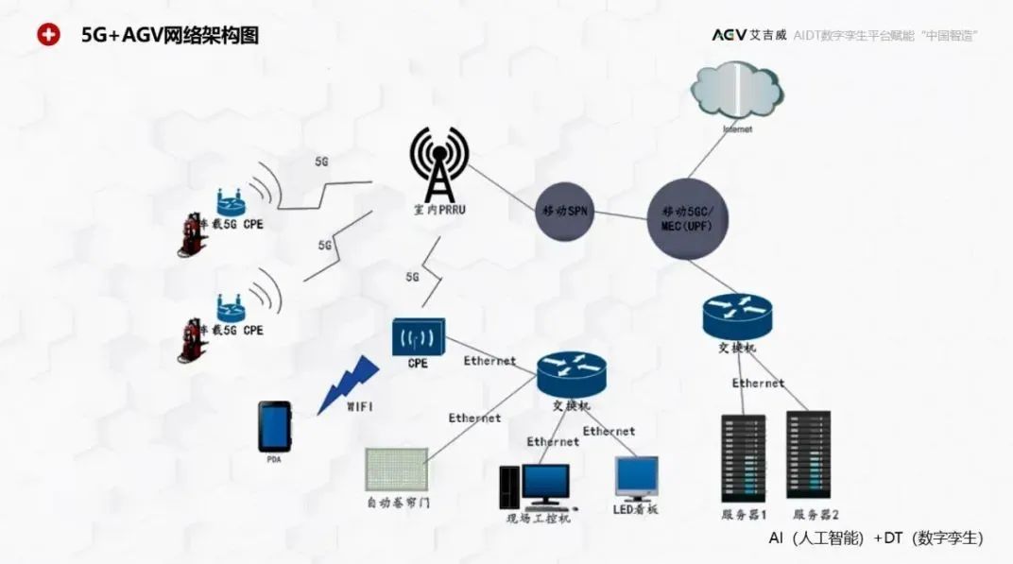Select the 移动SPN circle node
click(566, 211)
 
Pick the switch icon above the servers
click(737, 316)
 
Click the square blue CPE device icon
click(419, 335)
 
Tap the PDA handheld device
click(275, 427)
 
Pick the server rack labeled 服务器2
click(808, 455)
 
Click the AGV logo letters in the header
click(729, 35)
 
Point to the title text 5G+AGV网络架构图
click(170, 36)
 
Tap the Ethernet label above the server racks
click(758, 384)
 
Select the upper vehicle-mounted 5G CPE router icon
click(229, 201)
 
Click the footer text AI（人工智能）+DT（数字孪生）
click(875, 538)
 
